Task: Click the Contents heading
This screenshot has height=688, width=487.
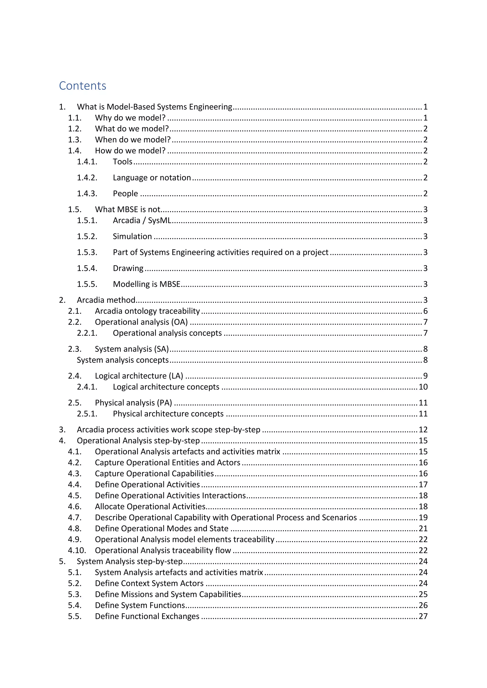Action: click(83, 86)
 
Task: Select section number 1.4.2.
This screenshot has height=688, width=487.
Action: click(87, 178)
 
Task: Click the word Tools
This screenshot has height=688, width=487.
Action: click(122, 162)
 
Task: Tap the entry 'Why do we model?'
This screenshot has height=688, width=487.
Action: click(130, 118)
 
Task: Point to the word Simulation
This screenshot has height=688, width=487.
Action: click(132, 236)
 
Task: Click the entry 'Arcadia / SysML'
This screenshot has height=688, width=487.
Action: click(142, 220)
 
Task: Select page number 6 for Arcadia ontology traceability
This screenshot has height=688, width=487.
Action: click(425, 311)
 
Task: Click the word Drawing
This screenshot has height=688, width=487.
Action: click(128, 268)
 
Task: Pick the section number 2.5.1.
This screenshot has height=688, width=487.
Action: click(87, 414)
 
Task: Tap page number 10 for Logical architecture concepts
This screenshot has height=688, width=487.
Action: click(423, 387)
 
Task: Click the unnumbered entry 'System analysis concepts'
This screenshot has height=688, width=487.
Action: click(123, 360)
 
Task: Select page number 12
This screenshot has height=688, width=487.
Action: click(423, 430)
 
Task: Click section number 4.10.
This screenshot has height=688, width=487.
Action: click(77, 550)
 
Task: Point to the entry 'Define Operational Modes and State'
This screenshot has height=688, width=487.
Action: click(162, 529)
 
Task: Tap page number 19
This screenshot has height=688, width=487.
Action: click(423, 517)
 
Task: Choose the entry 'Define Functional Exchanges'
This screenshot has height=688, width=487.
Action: click(147, 616)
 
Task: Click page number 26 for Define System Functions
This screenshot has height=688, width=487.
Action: click(423, 605)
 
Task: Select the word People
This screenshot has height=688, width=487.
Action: click(125, 194)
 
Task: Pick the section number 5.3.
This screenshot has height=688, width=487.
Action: click(75, 594)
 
